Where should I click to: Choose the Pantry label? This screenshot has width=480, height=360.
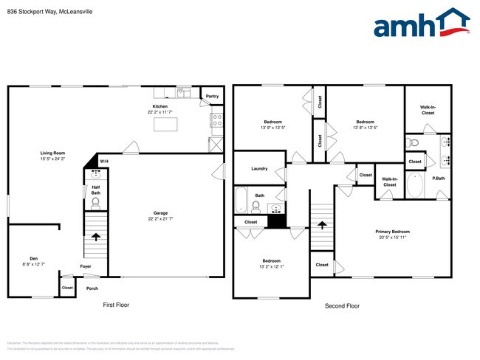212,96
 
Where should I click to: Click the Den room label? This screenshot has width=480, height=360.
33,260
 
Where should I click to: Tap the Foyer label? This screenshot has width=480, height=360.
86,266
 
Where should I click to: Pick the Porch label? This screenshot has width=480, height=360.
92,288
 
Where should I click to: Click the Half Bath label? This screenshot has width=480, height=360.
96,190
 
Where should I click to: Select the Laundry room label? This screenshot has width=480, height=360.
259,168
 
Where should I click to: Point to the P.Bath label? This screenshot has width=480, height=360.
439,179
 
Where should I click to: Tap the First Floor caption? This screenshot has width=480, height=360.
115,305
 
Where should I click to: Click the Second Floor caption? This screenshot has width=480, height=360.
342,305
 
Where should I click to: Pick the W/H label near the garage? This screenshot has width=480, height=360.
104,162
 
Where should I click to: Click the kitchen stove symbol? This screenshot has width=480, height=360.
217,118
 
